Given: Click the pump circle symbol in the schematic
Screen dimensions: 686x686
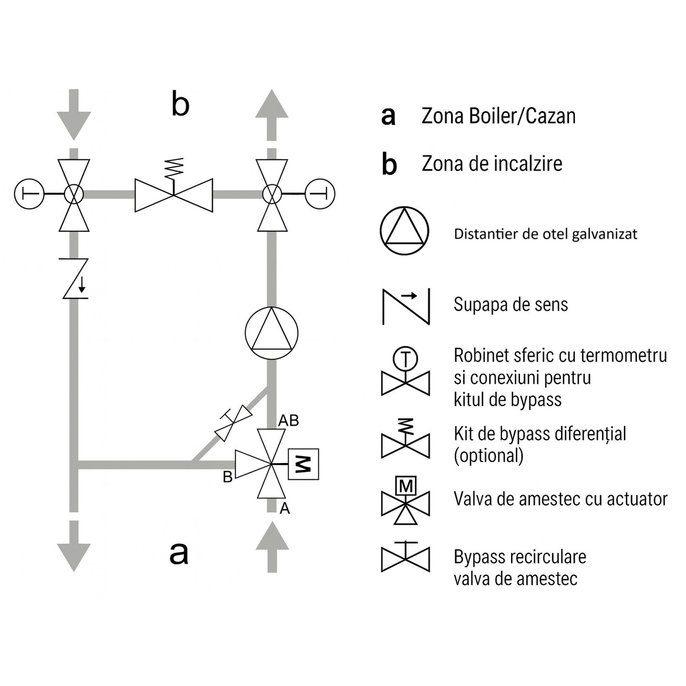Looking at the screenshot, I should (271, 333).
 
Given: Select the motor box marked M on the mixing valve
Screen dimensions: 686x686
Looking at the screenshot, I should (303, 464).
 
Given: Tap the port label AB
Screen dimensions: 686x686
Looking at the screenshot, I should (289, 421).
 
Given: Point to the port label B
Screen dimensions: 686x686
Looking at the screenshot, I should (228, 477).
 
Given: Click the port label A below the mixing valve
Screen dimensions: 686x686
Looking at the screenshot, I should (285, 508).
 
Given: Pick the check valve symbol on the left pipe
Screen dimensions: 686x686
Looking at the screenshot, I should (74, 278).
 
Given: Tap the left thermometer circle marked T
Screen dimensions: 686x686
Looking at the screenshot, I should (29, 194).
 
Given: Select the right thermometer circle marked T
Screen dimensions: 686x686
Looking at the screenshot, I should (320, 194).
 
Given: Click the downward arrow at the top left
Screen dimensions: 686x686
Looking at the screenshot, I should (74, 115).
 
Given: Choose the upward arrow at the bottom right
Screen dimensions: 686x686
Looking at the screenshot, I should (272, 547).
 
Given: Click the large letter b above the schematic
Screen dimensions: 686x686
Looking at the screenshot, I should (180, 104).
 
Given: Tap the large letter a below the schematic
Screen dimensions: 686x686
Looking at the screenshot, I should (179, 553).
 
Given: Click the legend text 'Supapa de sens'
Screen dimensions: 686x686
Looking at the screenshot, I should (511, 304).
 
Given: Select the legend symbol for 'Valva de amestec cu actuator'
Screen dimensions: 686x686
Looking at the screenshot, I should (405, 500).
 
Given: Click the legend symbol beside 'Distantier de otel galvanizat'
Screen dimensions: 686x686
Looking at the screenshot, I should (404, 231).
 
